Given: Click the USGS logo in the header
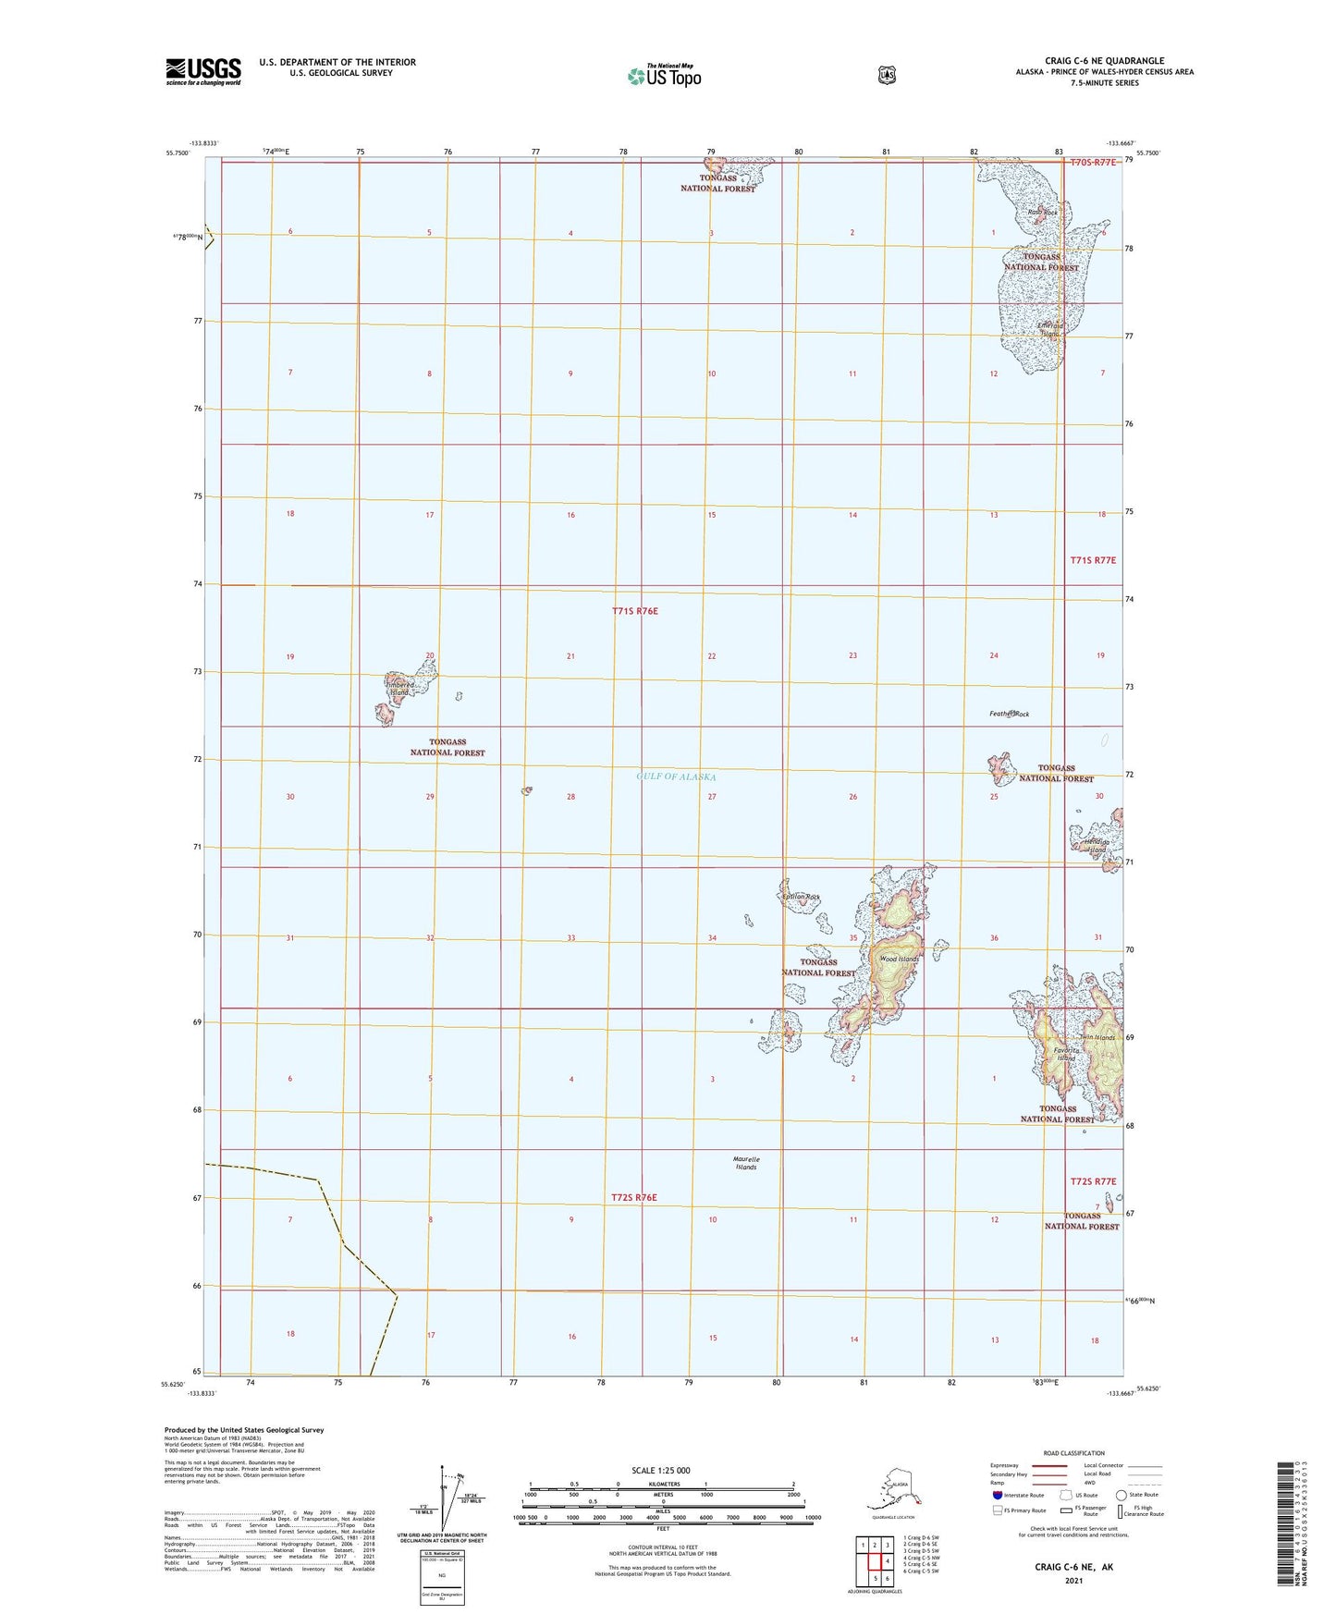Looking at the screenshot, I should pos(203,71).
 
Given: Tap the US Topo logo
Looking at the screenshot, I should pos(664,76).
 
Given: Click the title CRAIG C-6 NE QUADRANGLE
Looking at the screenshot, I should pos(1104,61).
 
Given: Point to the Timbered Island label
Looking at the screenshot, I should pos(400,689).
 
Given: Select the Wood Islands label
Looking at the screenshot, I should pos(899,959).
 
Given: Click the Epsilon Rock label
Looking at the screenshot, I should pos(801,897).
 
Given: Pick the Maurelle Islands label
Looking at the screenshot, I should pos(746,1163).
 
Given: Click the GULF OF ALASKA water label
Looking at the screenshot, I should pos(676,776).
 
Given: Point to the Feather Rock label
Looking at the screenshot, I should pos(1009,714).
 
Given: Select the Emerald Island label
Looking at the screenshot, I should pos(1049,329).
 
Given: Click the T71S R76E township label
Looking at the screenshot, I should pos(634,611).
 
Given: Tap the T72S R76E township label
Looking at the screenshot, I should pos(634,1197).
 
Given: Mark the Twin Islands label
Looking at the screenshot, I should pos(1097,1037).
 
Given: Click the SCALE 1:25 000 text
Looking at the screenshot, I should pos(660,1470).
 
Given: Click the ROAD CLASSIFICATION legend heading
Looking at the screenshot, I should pos(1073,1453).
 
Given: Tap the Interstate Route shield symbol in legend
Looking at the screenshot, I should pos(996,1494).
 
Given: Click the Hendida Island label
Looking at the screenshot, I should pos(1096,845).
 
